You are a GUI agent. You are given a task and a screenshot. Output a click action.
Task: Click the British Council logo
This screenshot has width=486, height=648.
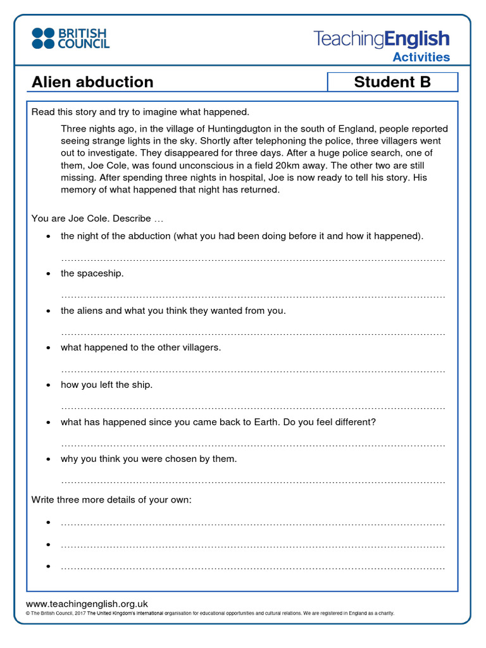coord(71,39)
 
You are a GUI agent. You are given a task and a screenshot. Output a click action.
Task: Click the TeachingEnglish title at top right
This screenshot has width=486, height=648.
coord(381,39)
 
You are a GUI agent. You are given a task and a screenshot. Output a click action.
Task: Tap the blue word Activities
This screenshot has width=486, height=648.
coord(421,58)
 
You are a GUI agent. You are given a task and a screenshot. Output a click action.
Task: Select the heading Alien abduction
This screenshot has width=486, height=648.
coord(92,82)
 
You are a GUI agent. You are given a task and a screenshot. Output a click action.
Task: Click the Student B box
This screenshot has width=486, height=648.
coord(392,82)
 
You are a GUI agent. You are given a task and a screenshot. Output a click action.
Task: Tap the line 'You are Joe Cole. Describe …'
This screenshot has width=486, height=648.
coord(97,218)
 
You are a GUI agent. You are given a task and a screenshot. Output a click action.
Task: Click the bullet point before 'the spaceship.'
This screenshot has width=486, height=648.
coord(49,274)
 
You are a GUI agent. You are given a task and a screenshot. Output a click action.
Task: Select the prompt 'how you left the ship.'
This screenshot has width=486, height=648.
coord(106,385)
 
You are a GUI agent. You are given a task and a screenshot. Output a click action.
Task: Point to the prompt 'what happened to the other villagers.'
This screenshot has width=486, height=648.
coord(140,348)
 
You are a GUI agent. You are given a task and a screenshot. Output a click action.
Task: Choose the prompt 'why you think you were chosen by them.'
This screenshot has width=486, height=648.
coord(149,459)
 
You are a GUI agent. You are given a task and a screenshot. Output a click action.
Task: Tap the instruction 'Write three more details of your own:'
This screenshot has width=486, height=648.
coord(111,500)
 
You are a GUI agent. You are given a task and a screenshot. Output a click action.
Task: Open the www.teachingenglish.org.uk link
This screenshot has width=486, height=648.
coord(87,604)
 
